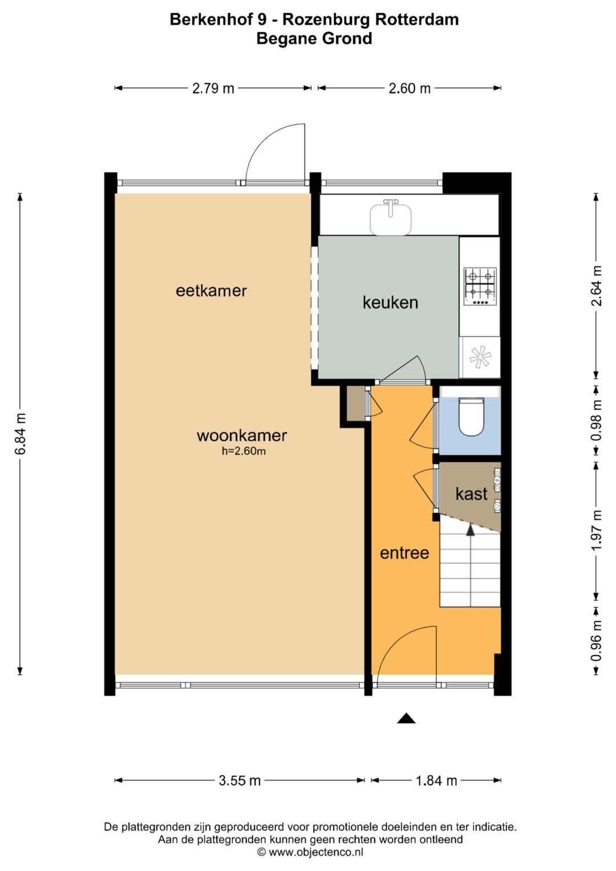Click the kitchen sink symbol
point(390,218)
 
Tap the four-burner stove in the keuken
point(480,286)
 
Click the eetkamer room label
point(211,291)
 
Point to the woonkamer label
point(241,436)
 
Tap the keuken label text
point(390,302)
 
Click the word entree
point(404,553)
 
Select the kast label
point(471,494)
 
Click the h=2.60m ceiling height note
point(244,452)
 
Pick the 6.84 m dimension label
point(21,434)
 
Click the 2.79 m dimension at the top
point(213,88)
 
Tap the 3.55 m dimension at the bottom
point(240,780)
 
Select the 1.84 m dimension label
point(436,780)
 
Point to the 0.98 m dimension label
point(597,420)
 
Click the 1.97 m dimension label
point(597,530)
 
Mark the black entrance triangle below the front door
point(406,719)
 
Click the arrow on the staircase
point(471,530)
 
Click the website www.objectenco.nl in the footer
point(315,852)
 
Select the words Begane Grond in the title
point(314,38)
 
